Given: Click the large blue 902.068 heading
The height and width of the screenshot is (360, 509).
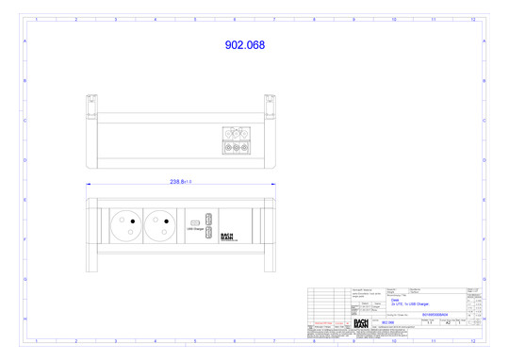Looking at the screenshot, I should coord(244,45).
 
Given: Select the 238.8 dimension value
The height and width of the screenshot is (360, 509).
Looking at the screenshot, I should coord(182,182).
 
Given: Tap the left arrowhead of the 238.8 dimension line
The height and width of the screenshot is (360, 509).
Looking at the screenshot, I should coord(90,184).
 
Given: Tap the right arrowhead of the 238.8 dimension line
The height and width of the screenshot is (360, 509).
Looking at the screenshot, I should coord(272,184).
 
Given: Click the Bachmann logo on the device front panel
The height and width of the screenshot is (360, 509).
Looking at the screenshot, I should coord(226,237).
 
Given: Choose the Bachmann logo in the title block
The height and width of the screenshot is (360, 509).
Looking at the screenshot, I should coord(361,323).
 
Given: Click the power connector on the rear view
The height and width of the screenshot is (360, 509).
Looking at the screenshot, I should coord(236,139).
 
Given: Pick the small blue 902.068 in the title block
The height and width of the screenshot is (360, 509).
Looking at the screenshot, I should coord(387,323).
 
